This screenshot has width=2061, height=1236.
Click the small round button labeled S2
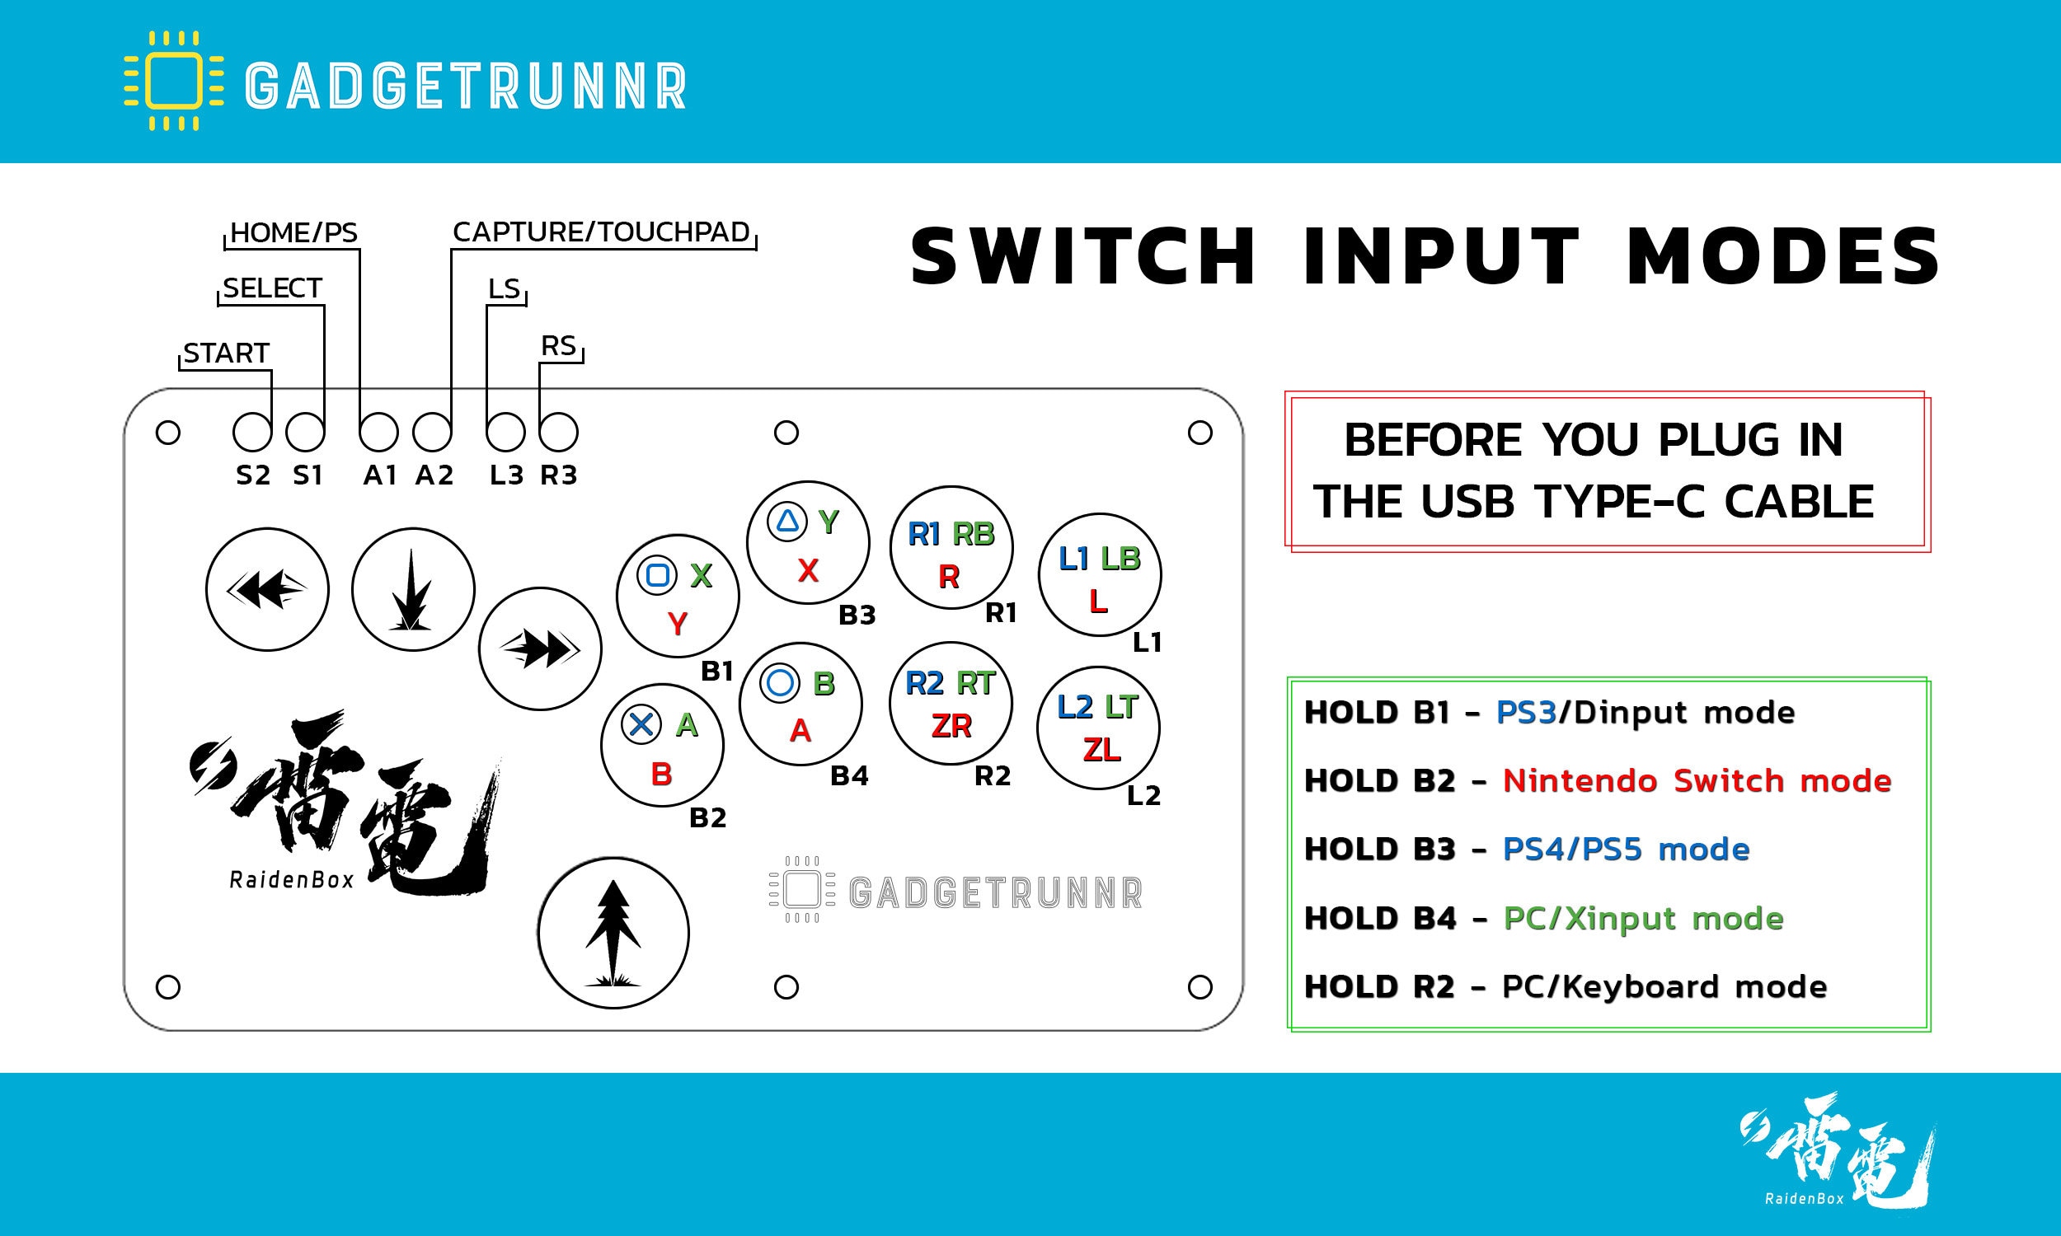[251, 433]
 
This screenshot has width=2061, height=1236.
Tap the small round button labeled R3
[558, 433]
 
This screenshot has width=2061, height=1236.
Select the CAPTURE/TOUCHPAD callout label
[601, 232]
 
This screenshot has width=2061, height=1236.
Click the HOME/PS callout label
[293, 233]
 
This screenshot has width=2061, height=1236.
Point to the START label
[226, 353]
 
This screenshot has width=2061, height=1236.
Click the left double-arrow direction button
[267, 590]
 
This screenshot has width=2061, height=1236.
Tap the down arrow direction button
[413, 590]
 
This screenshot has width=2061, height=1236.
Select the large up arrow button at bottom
[613, 933]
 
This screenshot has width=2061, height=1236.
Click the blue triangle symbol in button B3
[787, 522]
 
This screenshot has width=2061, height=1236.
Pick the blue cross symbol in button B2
[641, 723]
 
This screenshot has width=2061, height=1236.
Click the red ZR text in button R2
[951, 726]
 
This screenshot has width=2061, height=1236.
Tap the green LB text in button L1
[1120, 559]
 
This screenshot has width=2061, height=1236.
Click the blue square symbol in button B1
[657, 574]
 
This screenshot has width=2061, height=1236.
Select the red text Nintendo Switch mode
[1697, 781]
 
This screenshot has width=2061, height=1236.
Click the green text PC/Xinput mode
[1643, 919]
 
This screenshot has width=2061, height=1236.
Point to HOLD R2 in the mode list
[1378, 987]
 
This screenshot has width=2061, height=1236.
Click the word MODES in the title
[1782, 256]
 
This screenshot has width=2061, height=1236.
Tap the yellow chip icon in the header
[174, 81]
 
